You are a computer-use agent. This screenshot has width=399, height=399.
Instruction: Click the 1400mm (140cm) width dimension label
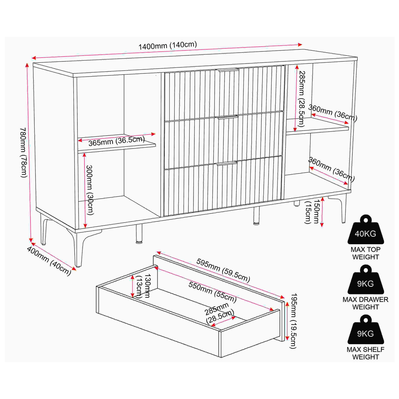(x=168, y=45)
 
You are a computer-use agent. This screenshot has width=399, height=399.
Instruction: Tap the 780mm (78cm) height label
(x=24, y=152)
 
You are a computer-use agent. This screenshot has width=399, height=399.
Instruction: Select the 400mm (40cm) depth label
(x=49, y=261)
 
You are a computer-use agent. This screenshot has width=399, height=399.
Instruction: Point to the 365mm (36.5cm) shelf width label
(x=117, y=141)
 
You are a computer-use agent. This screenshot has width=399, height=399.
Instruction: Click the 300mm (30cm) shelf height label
(x=89, y=190)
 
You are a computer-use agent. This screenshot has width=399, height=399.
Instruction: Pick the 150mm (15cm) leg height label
(x=312, y=212)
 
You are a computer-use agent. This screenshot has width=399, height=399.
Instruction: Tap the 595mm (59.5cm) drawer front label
(x=223, y=270)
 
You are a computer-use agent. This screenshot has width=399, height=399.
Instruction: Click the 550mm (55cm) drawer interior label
(x=213, y=292)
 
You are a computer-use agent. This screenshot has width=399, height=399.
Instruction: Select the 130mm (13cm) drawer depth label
(x=143, y=286)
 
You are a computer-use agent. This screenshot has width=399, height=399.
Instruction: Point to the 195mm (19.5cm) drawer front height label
(x=294, y=321)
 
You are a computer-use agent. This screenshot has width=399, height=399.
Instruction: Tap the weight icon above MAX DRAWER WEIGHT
(x=365, y=280)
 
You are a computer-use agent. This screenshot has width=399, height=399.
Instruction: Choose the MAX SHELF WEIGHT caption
(x=365, y=353)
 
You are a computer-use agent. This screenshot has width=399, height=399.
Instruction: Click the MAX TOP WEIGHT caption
(x=365, y=253)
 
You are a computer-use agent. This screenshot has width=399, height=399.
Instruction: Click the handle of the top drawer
(x=227, y=69)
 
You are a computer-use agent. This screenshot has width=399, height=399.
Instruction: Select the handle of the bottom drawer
(x=227, y=163)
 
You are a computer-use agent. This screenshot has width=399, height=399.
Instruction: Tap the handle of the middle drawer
(x=228, y=117)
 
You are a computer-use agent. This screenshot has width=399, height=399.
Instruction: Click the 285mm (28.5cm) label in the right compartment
(x=301, y=99)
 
